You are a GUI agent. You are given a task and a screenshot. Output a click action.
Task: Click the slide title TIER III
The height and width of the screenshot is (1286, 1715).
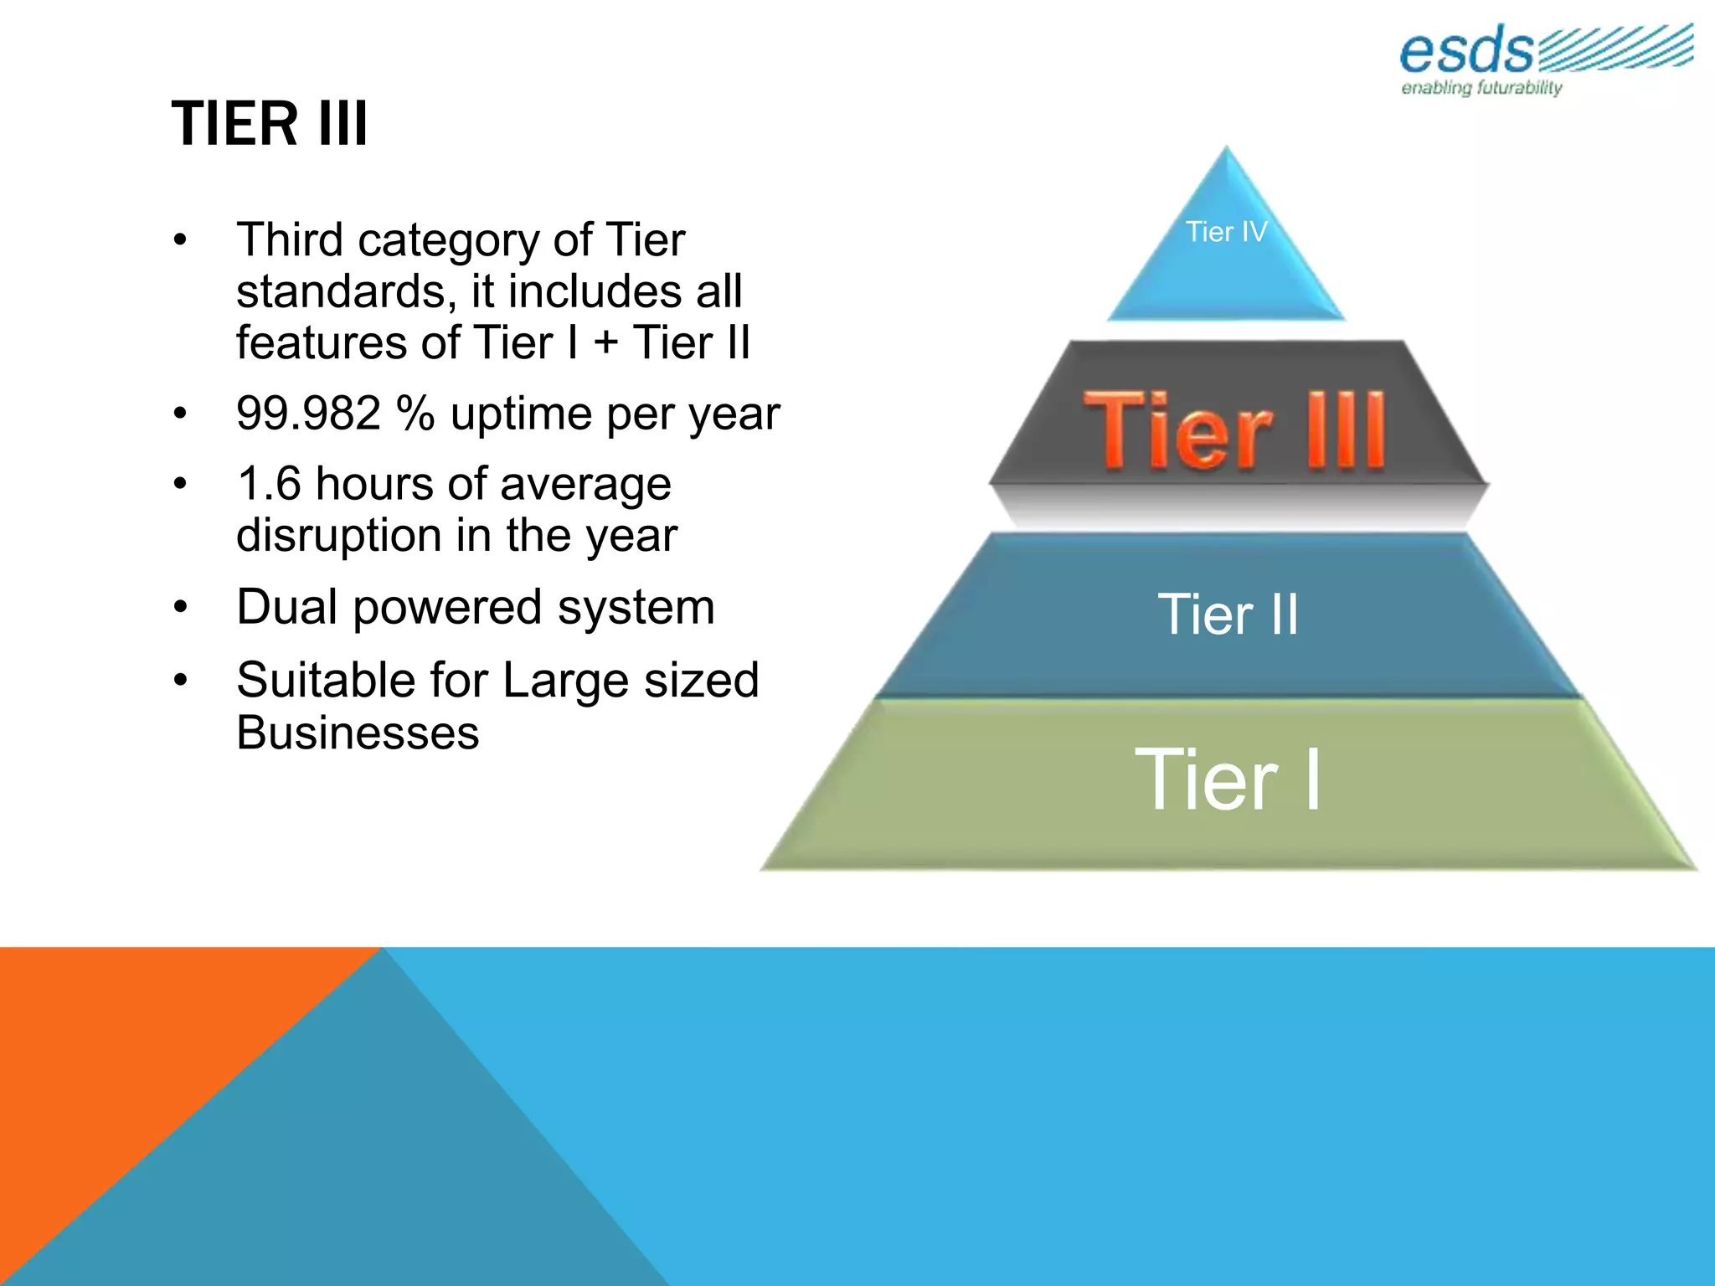(270, 124)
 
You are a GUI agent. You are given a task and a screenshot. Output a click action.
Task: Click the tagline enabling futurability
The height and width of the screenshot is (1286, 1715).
(1481, 88)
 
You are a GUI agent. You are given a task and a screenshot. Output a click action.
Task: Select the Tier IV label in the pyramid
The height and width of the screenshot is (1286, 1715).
(1226, 232)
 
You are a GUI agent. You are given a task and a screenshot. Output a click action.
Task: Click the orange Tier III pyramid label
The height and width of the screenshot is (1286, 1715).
(1234, 430)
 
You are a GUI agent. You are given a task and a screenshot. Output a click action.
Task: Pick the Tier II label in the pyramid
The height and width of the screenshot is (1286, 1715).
(1228, 615)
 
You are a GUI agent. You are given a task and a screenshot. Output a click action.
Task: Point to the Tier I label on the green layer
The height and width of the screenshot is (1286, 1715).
(1228, 780)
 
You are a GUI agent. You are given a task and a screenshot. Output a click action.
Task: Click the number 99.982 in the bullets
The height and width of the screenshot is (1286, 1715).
(308, 414)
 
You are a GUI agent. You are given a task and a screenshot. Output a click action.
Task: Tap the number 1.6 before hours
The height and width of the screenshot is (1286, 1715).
(269, 484)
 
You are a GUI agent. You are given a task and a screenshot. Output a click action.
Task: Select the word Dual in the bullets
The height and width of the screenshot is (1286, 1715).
(286, 607)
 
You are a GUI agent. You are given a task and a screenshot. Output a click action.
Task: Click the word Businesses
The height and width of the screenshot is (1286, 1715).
(358, 733)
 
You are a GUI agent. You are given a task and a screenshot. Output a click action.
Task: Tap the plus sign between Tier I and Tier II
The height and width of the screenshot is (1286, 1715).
(605, 343)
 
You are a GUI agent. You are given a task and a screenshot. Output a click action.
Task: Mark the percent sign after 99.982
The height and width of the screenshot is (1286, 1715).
(416, 414)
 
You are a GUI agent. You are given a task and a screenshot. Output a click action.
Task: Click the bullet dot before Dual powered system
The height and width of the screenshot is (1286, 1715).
(180, 606)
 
